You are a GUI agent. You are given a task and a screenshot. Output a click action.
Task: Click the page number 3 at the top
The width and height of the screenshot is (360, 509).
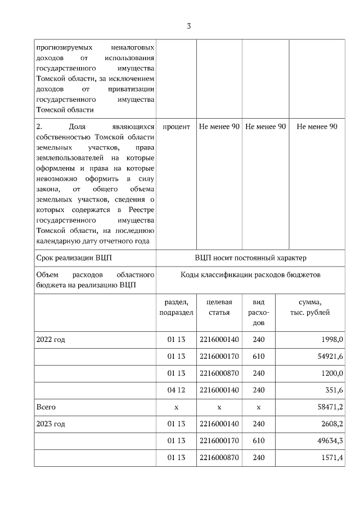tap(189, 26)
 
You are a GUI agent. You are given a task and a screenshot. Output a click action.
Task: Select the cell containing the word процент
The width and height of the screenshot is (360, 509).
tap(176, 127)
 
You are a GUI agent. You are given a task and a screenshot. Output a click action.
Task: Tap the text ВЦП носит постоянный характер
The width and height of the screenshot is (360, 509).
tap(250, 258)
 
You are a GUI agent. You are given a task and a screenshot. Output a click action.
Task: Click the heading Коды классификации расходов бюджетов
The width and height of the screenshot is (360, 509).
tap(250, 274)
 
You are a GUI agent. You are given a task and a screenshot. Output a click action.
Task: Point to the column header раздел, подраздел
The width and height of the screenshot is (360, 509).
tap(176, 308)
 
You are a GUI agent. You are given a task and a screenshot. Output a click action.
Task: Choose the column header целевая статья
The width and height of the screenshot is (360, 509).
tap(219, 308)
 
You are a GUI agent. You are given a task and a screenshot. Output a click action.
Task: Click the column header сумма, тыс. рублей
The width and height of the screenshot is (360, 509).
tap(310, 308)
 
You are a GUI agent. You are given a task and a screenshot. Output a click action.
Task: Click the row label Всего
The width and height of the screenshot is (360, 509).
tap(46, 406)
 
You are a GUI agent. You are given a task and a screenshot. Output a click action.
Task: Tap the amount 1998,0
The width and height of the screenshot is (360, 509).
tap(331, 340)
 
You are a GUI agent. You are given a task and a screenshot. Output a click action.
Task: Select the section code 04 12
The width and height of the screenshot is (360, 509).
tap(176, 390)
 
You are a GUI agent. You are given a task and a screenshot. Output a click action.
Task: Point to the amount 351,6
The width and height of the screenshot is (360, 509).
tap(333, 390)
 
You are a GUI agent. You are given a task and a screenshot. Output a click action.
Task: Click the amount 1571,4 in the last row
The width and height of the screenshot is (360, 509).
tap(331, 457)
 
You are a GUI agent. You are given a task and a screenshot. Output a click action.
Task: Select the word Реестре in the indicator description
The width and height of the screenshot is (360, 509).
tap(139, 210)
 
